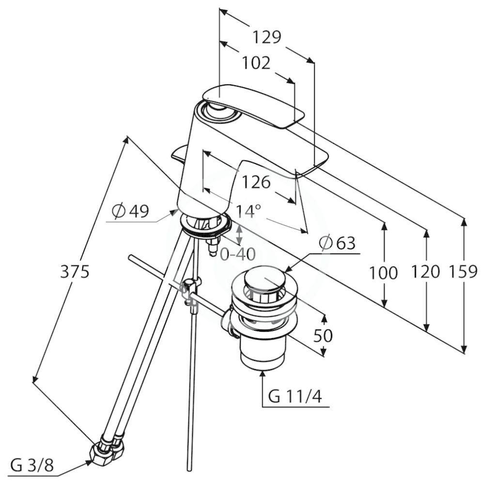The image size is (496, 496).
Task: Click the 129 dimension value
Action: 266,37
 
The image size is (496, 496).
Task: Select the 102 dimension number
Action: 256,63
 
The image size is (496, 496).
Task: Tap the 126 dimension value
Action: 256,182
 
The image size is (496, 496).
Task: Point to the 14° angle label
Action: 248,211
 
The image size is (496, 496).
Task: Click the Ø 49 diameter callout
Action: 130,211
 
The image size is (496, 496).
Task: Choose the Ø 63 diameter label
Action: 337,243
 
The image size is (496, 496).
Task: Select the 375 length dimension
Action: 75,272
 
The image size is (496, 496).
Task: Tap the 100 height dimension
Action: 384,273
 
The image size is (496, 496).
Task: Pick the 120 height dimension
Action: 426,272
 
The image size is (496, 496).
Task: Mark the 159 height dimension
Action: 463,272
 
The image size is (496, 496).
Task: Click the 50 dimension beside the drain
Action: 323,336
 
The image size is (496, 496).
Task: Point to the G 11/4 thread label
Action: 295,396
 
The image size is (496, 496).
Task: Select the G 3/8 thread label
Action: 32,466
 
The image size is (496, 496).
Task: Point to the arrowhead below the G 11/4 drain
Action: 262,375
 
